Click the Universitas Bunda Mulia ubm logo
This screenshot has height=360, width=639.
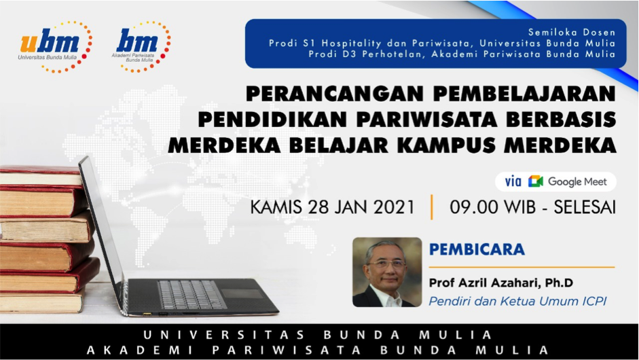click(56, 46)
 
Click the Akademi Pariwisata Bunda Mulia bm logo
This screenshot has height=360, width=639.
click(141, 46)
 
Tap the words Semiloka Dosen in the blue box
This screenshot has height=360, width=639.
click(571, 32)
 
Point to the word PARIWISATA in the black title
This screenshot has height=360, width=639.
click(426, 120)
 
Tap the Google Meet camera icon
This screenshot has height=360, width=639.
click(536, 181)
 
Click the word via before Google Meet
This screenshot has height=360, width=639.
click(513, 181)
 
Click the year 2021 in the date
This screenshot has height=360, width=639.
click(394, 206)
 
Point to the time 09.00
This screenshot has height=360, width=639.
click(473, 206)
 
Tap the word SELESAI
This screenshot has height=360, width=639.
click(585, 206)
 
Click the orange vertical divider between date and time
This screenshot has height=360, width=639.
click(432, 207)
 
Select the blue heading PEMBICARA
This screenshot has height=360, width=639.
click(477, 249)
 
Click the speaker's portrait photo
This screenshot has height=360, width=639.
click(387, 272)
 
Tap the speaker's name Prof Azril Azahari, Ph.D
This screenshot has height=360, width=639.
click(501, 283)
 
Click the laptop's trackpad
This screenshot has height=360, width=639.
click(243, 293)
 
